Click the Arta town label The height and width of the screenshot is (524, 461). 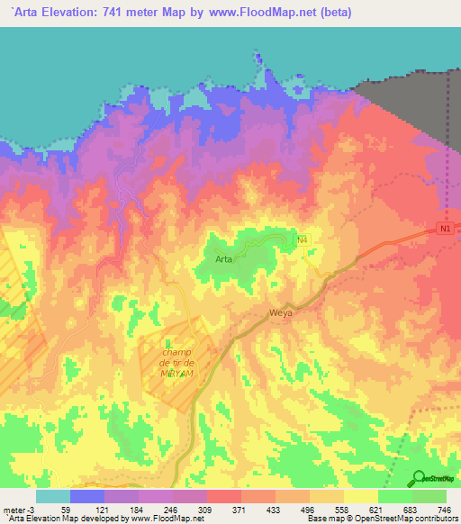[224, 258]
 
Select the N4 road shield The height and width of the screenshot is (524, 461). [303, 239]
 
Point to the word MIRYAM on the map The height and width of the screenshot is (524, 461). [178, 373]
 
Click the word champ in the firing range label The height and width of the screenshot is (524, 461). [177, 353]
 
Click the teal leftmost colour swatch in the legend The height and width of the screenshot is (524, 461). [53, 497]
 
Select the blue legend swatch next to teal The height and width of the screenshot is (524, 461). [87, 497]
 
